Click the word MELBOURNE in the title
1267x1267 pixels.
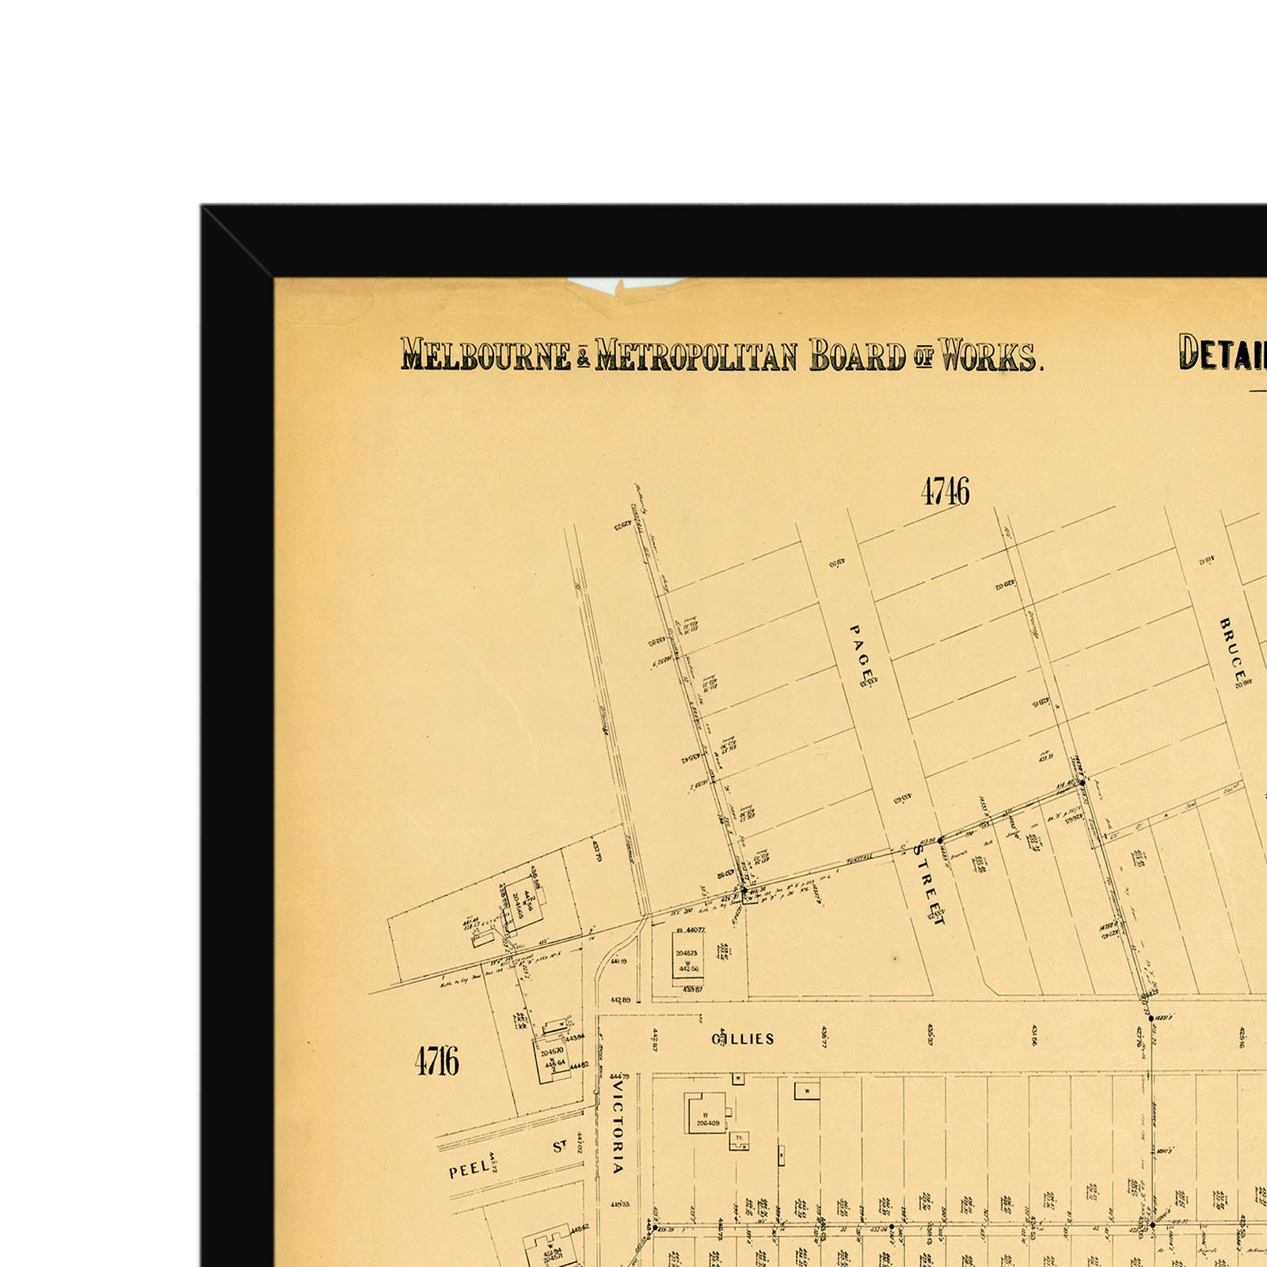click(485, 356)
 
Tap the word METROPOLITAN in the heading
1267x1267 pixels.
click(696, 356)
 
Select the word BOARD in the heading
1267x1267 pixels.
click(857, 356)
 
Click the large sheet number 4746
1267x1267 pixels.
click(945, 492)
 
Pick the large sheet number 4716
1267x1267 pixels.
click(436, 1060)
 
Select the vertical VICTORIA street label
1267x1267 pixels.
click(618, 1128)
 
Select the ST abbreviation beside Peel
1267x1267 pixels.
click(560, 1146)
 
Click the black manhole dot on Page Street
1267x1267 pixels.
click(940, 840)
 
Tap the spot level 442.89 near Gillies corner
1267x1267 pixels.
click(621, 1000)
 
